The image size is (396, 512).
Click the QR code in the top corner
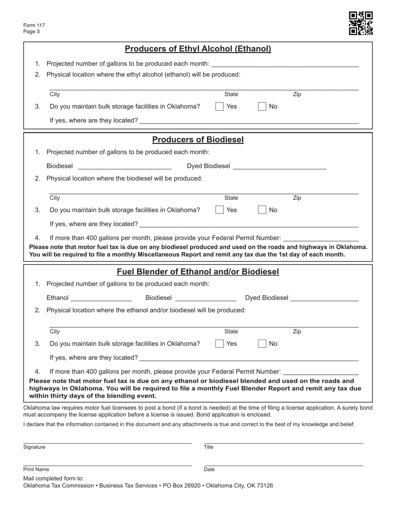pos(361,23)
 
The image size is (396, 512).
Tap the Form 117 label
pos(34,25)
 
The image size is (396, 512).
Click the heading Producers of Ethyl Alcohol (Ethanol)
pos(198,49)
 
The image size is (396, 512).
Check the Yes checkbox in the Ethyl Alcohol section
pos(219,107)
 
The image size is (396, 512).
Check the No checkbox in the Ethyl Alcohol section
pos(262,107)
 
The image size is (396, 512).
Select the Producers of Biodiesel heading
pos(198,140)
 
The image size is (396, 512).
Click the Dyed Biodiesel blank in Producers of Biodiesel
pos(279,166)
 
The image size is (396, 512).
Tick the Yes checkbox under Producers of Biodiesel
pos(219,210)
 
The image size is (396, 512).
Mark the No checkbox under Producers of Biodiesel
pos(262,210)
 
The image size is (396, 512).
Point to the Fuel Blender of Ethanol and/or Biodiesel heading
pos(198,272)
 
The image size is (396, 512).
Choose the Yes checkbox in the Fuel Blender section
pos(219,344)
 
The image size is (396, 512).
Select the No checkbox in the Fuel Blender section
pos(262,344)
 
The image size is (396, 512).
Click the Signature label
pos(35,447)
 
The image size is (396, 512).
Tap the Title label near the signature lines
pos(208,447)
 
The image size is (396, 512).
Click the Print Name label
pos(36,470)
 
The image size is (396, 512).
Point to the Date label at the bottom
pos(209,470)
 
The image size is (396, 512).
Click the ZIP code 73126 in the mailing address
pos(265,485)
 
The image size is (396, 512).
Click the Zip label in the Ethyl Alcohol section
pos(297,94)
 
